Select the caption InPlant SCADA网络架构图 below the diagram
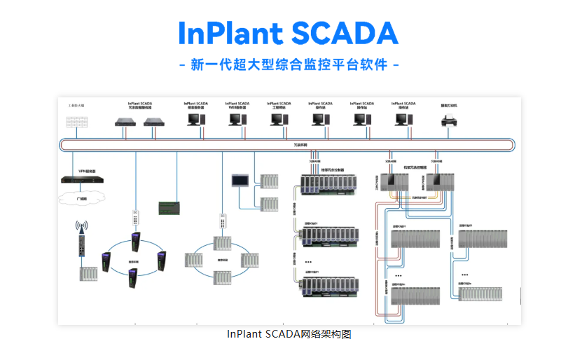(x=289, y=334)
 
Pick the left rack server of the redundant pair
(x=125, y=121)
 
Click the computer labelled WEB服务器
(x=237, y=120)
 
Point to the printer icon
(x=448, y=120)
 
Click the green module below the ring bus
(x=169, y=208)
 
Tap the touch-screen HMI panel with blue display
(x=240, y=180)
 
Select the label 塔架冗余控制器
(x=332, y=169)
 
